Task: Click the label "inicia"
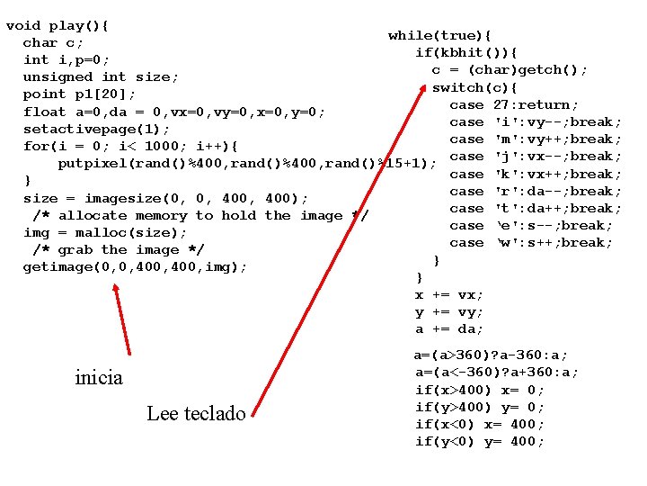click(99, 378)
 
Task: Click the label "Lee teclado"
click(196, 414)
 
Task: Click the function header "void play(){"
click(57, 25)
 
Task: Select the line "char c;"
click(53, 42)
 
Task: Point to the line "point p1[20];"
click(79, 94)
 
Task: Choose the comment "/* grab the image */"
click(119, 249)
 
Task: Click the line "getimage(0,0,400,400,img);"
click(135, 266)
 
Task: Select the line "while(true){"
click(439, 36)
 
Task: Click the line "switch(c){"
click(474, 87)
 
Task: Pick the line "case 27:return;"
click(514, 104)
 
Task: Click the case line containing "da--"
click(536, 191)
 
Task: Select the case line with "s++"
click(531, 243)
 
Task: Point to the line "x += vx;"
click(448, 295)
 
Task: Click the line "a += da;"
click(448, 329)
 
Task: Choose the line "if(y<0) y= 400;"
click(479, 442)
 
